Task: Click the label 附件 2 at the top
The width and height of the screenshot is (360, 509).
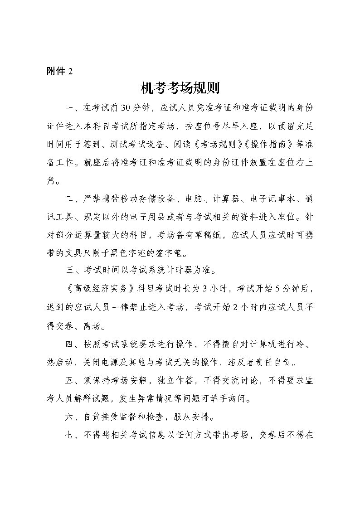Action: pos(59,71)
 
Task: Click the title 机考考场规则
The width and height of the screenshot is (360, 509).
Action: pos(180,88)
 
